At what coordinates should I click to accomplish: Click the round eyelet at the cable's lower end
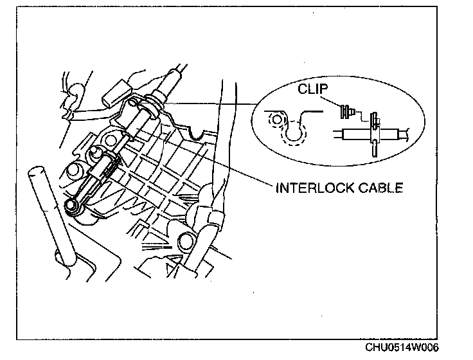[73, 205]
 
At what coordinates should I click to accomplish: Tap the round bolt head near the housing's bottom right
[187, 240]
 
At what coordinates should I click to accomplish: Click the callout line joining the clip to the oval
[212, 101]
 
